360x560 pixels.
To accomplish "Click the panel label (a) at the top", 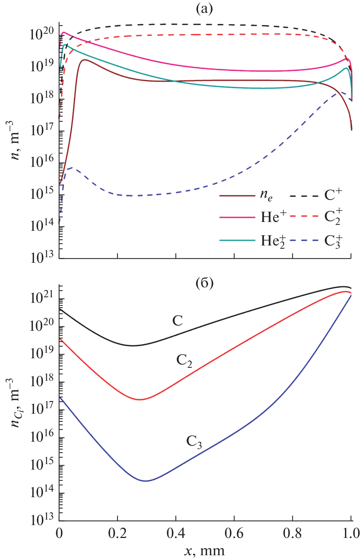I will (x=204, y=8).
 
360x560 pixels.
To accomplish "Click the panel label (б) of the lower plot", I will (x=204, y=283).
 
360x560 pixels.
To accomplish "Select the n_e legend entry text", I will (x=266, y=195).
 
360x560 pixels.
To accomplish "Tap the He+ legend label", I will (x=273, y=217).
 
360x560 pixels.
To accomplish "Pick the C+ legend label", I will (x=333, y=194).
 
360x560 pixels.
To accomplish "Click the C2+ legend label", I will (x=333, y=217).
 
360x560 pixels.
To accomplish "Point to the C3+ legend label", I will (x=333, y=241).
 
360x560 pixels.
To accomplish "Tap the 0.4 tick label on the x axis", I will (x=176, y=533).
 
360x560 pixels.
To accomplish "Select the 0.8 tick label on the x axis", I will (x=292, y=533).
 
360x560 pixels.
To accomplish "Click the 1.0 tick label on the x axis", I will (x=351, y=533).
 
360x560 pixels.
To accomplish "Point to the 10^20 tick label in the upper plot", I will (x=42, y=34).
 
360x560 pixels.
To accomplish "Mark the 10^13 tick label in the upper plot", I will (x=42, y=256).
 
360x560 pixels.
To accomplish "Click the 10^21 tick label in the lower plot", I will (x=42, y=297).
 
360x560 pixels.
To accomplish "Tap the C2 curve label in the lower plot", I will (x=184, y=360).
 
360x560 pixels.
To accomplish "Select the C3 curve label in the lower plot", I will (x=194, y=441).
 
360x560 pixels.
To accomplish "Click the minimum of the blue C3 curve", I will (x=146, y=481).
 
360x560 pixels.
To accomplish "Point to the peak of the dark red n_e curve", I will (x=85, y=60).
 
